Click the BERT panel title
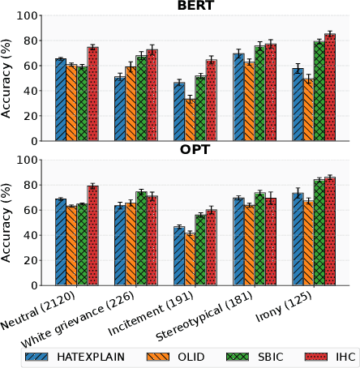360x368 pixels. [195, 6]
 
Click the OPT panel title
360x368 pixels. [195, 150]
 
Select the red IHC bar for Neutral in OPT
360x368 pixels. [92, 236]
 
